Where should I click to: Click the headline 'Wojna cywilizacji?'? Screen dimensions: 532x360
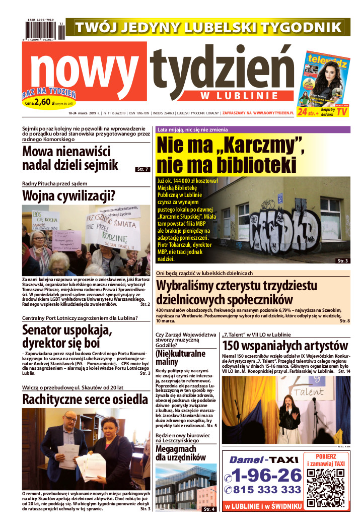(x=68, y=195)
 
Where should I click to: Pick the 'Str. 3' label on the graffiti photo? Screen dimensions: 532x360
(x=343, y=260)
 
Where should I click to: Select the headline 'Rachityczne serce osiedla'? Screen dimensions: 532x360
(x=85, y=400)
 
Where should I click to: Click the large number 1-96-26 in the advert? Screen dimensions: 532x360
(x=264, y=475)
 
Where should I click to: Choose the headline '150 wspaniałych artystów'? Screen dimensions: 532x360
(x=285, y=346)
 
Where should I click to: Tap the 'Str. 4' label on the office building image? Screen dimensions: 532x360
(x=209, y=509)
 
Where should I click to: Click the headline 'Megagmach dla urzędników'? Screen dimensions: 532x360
(x=180, y=453)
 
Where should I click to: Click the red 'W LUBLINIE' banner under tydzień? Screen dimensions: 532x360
(x=239, y=95)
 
